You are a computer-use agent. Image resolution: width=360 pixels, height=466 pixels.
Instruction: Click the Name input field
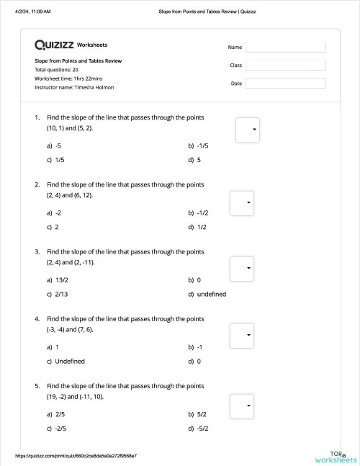[x=285, y=47]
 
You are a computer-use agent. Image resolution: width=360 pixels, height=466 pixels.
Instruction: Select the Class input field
[x=285, y=65]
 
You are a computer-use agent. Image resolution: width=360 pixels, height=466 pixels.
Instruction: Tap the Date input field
[x=285, y=83]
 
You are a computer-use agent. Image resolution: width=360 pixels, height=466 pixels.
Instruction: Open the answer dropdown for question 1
[x=248, y=130]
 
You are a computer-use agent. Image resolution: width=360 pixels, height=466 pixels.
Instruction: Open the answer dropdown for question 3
[x=242, y=269]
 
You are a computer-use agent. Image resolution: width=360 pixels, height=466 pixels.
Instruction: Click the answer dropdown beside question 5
[x=242, y=405]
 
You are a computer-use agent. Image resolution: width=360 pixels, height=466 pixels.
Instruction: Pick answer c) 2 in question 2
[x=53, y=227]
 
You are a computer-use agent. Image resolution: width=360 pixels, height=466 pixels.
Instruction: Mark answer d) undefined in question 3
[x=207, y=294]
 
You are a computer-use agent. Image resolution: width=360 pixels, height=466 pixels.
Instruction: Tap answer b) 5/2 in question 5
[x=198, y=414]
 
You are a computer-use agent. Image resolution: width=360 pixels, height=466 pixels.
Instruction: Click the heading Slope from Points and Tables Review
[x=78, y=61]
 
